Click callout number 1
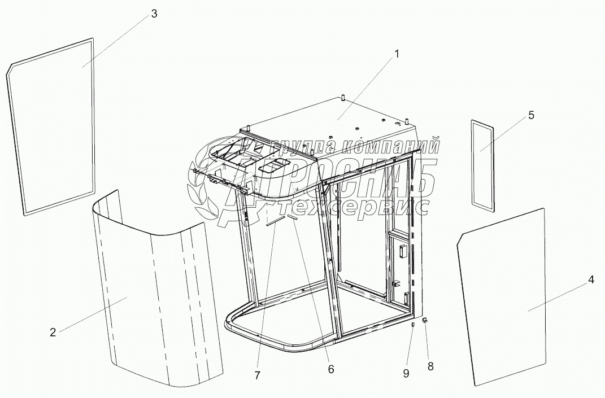[396, 54]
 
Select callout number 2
[53, 332]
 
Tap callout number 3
[154, 14]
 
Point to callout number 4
[590, 281]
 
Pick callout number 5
[532, 115]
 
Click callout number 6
[330, 369]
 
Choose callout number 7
[258, 375]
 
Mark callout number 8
[430, 366]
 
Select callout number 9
[406, 373]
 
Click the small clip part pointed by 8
[425, 320]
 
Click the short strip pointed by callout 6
[292, 217]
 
